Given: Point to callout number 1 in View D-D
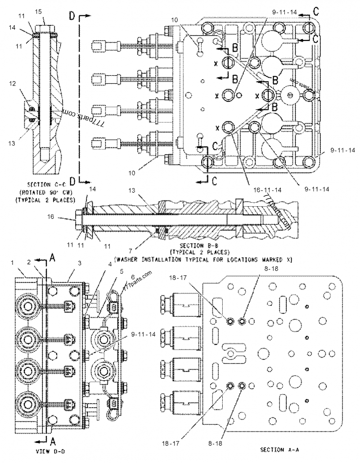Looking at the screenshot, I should (13, 262).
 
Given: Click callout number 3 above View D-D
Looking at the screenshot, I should (79, 263).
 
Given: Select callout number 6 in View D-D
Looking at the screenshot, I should (133, 276).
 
